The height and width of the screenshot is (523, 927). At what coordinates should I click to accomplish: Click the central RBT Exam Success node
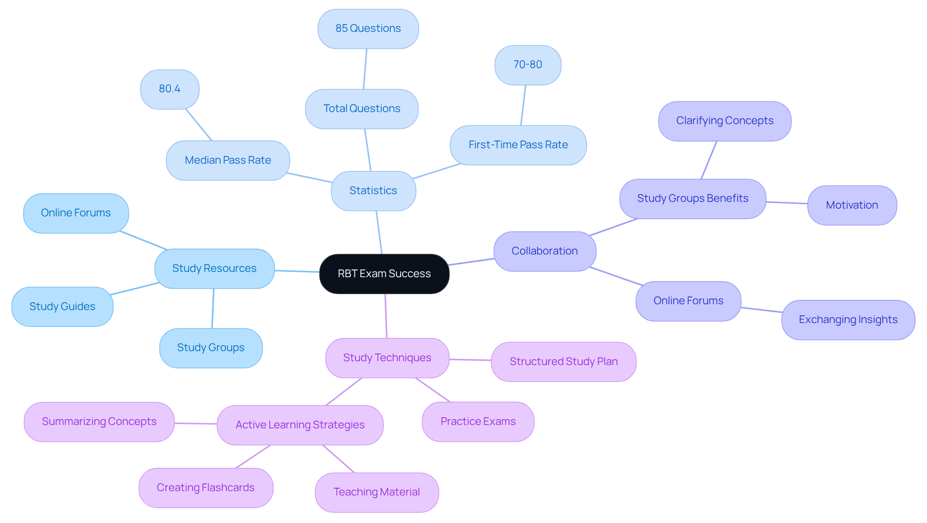coord(384,274)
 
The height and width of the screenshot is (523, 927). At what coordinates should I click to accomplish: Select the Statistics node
coord(373,191)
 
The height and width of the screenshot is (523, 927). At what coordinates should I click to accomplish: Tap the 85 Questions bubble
coord(368,28)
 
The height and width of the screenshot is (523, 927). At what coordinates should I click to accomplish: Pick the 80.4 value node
coord(169,89)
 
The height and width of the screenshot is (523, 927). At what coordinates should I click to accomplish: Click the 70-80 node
coord(528,65)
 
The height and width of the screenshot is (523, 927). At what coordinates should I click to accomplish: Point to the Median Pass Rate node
coord(228,160)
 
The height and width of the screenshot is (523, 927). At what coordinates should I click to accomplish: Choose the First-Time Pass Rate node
coord(518,145)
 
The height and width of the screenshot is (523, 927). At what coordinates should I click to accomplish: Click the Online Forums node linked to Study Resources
coord(76,213)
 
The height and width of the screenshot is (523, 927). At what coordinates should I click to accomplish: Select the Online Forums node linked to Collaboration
coord(688,301)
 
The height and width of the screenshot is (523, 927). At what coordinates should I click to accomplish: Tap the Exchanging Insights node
coord(848,320)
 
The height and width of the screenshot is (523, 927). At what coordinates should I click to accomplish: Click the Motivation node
coord(852,205)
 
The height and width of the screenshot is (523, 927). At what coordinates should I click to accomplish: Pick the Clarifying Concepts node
coord(724,121)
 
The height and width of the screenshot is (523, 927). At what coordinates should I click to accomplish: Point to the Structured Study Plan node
coord(563,362)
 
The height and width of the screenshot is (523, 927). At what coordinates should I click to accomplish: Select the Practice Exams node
coord(478,422)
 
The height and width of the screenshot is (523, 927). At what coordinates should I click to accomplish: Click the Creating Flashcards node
coord(206,488)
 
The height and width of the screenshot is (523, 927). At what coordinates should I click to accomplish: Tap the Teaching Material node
coord(377,492)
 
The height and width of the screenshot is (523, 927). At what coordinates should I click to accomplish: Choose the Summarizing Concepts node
coord(99,422)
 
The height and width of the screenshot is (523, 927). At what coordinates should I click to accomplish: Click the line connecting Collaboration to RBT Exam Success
coord(472,262)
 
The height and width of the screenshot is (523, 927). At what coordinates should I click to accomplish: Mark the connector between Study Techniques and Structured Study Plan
coord(470,360)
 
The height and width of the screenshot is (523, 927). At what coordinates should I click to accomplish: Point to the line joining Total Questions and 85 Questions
coord(365,69)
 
